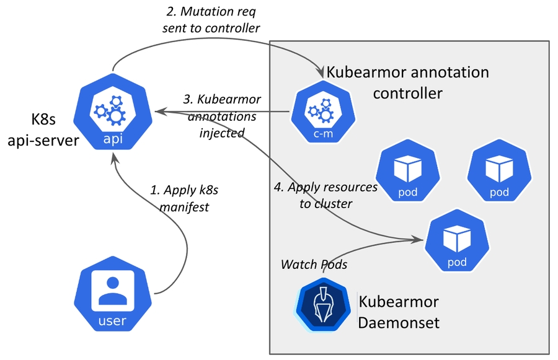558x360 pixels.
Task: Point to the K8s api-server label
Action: point(43,130)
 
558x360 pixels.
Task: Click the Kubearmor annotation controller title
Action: point(407,82)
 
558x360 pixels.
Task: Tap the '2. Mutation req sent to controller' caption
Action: point(211,19)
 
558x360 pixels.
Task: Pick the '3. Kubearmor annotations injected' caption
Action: point(223,116)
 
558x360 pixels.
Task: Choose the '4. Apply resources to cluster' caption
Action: point(325,195)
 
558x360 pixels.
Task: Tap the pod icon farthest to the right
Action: point(499,173)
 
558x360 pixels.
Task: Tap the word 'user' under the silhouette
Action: point(112,321)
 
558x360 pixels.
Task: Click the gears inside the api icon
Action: point(109,110)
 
